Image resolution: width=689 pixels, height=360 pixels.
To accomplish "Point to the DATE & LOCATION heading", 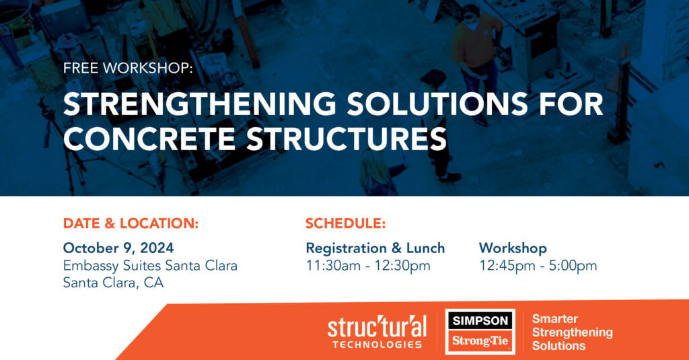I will point(131,223).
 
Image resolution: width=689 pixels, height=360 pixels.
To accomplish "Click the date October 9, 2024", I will point(118,248).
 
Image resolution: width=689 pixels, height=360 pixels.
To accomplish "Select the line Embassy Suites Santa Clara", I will point(150,265).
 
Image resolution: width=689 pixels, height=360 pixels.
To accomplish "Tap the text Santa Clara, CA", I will point(113,283).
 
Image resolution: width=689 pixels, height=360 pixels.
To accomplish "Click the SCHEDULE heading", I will point(345,223).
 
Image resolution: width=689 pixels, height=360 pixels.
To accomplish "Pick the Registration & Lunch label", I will point(375,248).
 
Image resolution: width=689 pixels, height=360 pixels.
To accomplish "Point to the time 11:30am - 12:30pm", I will point(367,265).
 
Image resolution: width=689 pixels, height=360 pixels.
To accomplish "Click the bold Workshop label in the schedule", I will point(513,248).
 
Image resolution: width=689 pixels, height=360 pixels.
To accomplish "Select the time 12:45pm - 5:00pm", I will point(538,265).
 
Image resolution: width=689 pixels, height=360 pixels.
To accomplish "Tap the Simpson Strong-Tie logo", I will point(480,331).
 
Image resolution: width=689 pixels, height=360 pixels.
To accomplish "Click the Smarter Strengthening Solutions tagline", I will point(572,332).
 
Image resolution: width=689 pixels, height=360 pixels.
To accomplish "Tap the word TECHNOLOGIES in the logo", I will point(377,345).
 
